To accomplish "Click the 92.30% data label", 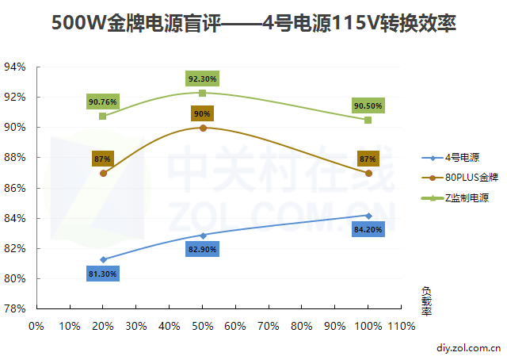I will (203, 79).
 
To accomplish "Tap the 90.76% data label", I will (103, 102).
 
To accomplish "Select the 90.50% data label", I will (368, 105).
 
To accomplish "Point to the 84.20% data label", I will (368, 230).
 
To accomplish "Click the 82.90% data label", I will (203, 249).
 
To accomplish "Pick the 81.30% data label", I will (103, 274).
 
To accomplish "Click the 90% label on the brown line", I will (202, 114).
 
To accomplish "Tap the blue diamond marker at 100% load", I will (368, 215).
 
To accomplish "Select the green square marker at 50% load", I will (203, 93).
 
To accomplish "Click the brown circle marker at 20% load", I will (103, 173).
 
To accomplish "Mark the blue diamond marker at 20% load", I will (103, 259).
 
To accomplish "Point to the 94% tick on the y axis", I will (15, 67).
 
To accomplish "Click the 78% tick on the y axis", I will (15, 308).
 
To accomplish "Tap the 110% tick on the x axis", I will (402, 325).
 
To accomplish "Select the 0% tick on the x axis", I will (36, 325).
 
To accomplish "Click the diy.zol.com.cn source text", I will (468, 347).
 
